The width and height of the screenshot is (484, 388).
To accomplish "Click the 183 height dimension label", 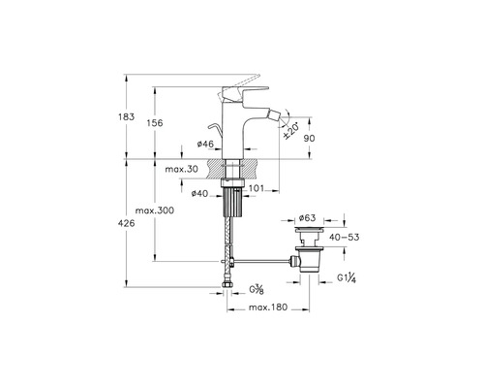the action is click(126, 116).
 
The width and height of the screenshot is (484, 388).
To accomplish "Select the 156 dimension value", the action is click(155, 123).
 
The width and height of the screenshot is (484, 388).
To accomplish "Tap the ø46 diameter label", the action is click(205, 144).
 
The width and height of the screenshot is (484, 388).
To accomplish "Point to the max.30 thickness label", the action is click(181, 169).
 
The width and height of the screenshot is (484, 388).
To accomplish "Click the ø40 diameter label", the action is click(199, 193).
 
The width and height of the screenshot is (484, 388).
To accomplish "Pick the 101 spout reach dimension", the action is click(257, 188).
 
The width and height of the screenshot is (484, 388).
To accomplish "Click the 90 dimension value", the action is click(310, 138).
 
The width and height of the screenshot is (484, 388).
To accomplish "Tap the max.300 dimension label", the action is click(155, 210).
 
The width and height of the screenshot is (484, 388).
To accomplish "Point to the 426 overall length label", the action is click(126, 223).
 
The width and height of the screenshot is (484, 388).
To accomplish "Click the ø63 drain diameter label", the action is click(307, 218).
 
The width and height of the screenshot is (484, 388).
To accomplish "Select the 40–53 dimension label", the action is click(345, 237).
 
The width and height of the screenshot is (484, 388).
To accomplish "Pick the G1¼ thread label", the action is click(347, 277).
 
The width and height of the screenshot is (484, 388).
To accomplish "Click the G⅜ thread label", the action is click(257, 289).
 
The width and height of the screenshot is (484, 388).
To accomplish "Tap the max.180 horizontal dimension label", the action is click(268, 307).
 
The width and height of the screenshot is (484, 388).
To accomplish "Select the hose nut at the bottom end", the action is click(227, 285).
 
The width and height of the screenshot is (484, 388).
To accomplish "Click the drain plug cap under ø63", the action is click(309, 230).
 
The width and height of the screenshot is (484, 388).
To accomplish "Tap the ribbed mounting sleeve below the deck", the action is click(232, 202).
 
